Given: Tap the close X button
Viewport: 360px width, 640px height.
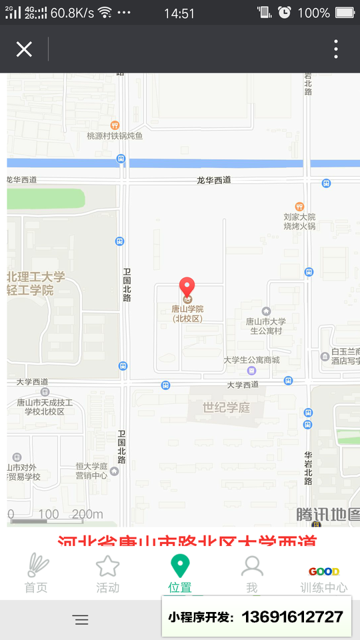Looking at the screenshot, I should click(x=24, y=49).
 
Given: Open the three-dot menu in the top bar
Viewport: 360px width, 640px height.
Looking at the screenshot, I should click(x=336, y=49).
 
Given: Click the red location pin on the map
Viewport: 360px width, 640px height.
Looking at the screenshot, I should click(x=187, y=287).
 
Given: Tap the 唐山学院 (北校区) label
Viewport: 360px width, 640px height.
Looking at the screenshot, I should click(x=187, y=313).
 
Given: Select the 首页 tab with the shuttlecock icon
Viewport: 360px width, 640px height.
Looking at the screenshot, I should click(x=37, y=574).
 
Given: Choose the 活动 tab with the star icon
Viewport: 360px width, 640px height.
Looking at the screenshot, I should click(x=107, y=574).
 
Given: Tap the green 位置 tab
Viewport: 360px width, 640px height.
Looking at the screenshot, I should click(x=179, y=574).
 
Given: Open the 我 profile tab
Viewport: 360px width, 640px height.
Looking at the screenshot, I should click(x=251, y=574).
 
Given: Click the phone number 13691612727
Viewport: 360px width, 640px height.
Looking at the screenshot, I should click(x=292, y=617).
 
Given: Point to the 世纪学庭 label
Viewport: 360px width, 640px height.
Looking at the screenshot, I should click(x=226, y=407).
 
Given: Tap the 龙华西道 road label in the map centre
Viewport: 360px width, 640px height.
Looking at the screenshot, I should click(x=213, y=180).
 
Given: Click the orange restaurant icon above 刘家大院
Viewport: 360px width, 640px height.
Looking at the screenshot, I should click(x=299, y=207).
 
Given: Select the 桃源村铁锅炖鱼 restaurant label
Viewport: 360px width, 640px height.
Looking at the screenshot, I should click(x=115, y=136).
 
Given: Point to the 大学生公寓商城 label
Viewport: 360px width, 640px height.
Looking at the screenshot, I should click(x=251, y=360).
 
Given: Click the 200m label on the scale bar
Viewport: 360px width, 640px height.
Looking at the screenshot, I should click(x=87, y=514).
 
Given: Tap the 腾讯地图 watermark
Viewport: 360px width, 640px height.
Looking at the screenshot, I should click(x=328, y=514).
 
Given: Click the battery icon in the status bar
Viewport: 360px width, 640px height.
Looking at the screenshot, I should click(x=345, y=13).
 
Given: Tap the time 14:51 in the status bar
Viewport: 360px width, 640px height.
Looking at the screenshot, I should click(x=179, y=13).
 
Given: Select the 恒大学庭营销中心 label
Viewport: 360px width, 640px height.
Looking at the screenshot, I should click(x=91, y=471).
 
